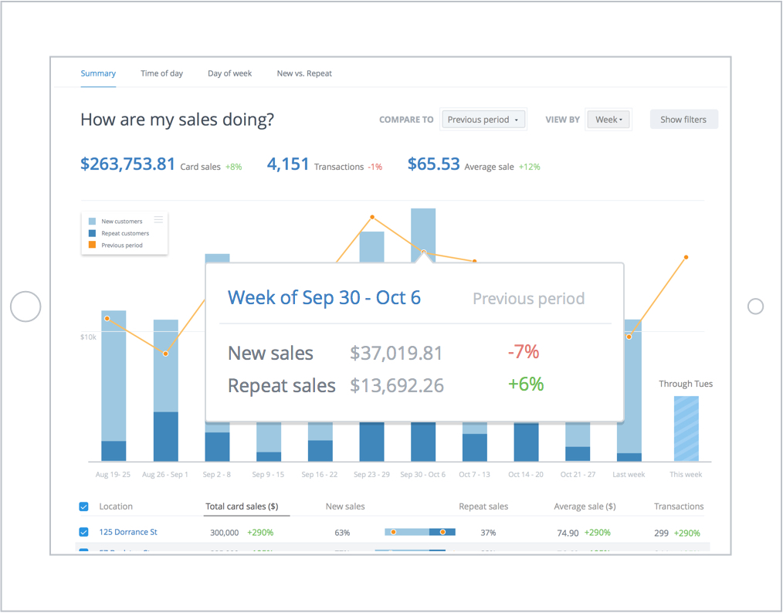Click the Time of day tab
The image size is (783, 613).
[161, 73]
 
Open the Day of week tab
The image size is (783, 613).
[229, 73]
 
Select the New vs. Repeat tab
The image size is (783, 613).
[304, 73]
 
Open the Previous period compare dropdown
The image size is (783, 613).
[483, 120]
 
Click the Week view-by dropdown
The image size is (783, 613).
[608, 120]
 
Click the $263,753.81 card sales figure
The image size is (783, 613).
[128, 164]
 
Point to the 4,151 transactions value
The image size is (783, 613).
[288, 164]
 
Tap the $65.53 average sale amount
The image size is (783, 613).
[433, 164]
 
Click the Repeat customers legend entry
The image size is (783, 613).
[125, 233]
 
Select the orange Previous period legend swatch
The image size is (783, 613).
[93, 246]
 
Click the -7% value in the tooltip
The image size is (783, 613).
[523, 352]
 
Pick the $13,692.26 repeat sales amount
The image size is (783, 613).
[397, 385]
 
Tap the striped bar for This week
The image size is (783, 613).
[686, 428]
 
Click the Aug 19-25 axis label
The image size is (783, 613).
[113, 475]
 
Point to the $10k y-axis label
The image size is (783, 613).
[88, 337]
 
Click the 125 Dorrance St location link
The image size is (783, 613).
[128, 532]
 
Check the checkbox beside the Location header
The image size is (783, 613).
[84, 506]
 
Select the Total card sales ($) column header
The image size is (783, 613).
[242, 506]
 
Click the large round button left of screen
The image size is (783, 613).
[25, 306]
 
